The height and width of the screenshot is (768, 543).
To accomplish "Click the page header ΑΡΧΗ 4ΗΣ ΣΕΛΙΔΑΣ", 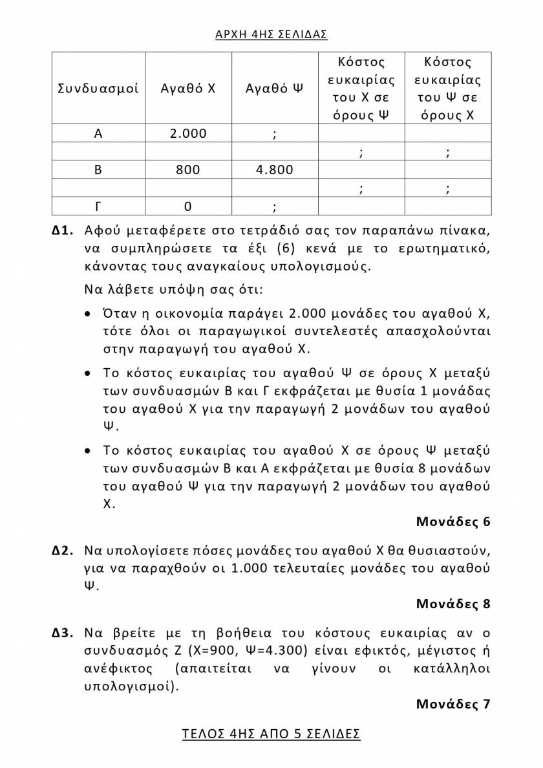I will (x=271, y=34).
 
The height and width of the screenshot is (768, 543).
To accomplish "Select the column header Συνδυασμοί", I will (x=98, y=89).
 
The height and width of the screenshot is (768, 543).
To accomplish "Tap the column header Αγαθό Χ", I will (x=188, y=89).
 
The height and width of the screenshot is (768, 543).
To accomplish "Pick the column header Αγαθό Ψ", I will (x=275, y=89).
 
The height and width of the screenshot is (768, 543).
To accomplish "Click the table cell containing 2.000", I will (x=188, y=134).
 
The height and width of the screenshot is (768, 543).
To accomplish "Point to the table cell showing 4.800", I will (x=275, y=170).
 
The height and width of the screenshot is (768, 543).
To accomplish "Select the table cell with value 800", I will (x=188, y=170).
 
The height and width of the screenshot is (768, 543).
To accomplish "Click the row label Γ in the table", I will (x=98, y=206).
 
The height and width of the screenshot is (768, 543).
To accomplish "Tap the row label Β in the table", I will (x=98, y=170).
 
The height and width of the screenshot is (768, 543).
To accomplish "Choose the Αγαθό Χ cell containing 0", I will (x=188, y=206).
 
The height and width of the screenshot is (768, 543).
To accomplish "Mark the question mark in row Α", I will (x=275, y=134).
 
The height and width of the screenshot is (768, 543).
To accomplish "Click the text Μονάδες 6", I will (x=453, y=521).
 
